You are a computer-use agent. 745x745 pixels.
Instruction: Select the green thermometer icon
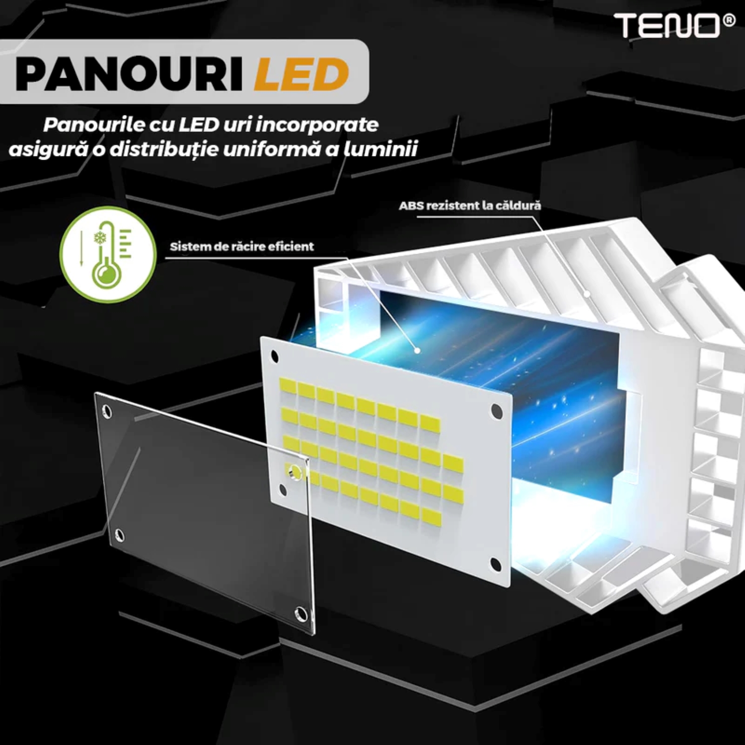click(108, 254)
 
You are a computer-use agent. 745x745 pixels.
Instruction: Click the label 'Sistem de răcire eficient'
click(242, 246)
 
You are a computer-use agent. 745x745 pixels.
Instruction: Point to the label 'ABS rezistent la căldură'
click(470, 205)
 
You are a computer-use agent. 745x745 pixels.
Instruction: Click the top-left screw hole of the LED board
click(274, 357)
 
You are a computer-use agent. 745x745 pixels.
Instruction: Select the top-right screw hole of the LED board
click(496, 411)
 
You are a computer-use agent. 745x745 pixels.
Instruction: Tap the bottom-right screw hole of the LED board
click(495, 564)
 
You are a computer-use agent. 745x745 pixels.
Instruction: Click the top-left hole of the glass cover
click(106, 411)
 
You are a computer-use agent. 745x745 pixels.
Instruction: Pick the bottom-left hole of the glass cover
click(119, 534)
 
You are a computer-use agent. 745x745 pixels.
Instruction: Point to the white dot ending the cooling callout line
click(418, 350)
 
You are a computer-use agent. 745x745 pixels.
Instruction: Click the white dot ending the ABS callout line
click(587, 294)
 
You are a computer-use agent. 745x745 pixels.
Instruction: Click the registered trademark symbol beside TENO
click(730, 20)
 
